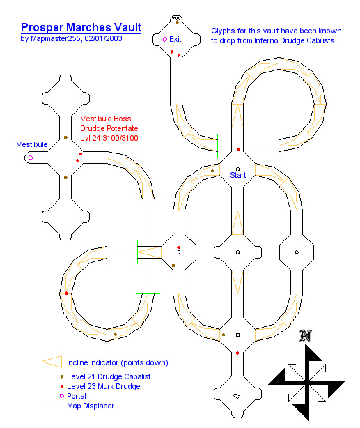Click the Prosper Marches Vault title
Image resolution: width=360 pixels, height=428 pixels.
coord(81,28)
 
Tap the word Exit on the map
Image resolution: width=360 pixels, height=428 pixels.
coord(175,39)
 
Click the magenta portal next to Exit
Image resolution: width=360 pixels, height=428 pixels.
coord(165,39)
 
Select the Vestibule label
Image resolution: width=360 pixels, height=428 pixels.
coord(32,144)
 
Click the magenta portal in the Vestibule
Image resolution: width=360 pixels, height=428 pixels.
coord(31,158)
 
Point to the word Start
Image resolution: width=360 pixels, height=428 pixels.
coord(238,175)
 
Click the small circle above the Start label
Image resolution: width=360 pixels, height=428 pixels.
coord(237,169)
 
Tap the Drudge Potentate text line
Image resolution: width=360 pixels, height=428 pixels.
coord(109,128)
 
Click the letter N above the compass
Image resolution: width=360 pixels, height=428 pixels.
coord(306,336)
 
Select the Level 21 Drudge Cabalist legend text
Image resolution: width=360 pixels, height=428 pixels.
coord(109,376)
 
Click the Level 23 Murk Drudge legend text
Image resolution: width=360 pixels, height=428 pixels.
coord(103,386)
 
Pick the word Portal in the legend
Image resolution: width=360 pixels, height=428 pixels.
coord(77,396)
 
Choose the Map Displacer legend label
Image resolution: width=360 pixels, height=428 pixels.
coord(91,406)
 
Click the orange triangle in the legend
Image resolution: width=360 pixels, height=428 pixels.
coord(52,362)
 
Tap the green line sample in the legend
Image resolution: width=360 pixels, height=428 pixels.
coord(52,406)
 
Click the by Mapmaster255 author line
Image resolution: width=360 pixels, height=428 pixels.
coord(71,38)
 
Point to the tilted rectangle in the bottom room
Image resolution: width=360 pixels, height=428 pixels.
coord(237,396)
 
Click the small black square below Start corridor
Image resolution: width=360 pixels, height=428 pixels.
coord(237,335)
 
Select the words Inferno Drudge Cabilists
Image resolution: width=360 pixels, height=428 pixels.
coord(295,40)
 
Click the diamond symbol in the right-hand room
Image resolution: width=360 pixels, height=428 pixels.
coord(297,252)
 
